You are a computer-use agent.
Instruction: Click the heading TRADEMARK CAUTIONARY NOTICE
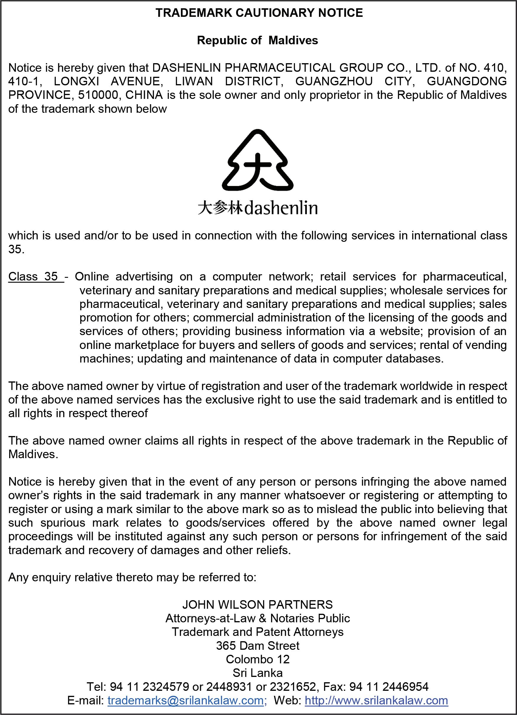pos(259,13)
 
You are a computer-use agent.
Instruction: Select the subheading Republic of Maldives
pos(257,40)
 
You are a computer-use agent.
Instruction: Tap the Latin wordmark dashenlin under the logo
pos(281,208)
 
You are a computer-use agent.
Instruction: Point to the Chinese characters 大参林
pos(220,208)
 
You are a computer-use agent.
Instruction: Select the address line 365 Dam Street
pos(257,646)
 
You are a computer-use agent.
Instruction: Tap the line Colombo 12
pos(257,659)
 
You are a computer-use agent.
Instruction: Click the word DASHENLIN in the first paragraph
pos(186,68)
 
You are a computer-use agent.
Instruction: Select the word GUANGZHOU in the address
pos(334,81)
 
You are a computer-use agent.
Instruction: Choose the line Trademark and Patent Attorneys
pos(257,632)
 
